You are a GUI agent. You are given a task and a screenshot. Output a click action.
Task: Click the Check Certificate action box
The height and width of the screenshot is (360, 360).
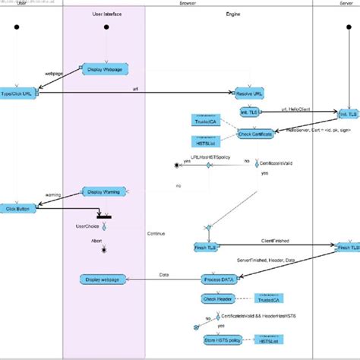(255, 134)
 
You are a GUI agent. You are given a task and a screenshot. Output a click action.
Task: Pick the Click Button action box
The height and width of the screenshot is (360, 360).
(17, 207)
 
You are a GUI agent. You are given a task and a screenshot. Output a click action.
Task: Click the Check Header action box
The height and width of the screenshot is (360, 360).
(218, 298)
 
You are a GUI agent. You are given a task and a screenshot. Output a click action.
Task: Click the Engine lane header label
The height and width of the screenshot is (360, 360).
(235, 14)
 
